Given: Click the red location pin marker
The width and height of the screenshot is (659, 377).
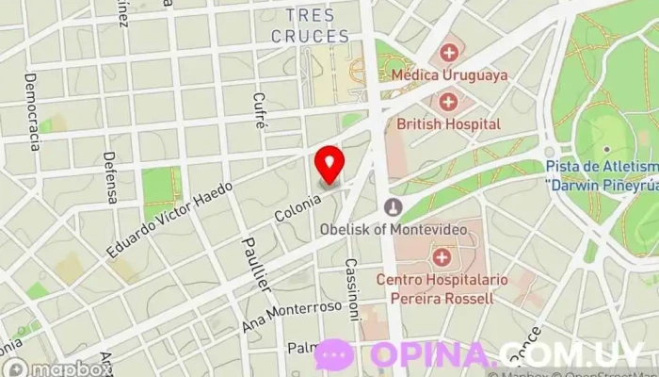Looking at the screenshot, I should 329,164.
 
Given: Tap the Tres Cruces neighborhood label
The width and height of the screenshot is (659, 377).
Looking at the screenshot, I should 310,26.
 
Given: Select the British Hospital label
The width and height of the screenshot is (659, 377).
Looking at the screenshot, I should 448,123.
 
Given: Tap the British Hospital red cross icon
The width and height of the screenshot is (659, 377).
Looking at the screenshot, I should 448,100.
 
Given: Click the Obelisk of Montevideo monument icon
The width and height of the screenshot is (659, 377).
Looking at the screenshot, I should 394,206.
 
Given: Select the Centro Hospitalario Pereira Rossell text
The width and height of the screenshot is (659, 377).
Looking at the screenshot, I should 434,289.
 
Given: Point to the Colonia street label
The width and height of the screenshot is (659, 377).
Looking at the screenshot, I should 292,205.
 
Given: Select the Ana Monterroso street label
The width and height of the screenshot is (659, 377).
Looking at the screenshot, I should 291,320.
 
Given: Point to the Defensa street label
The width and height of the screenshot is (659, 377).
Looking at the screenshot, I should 111,177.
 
